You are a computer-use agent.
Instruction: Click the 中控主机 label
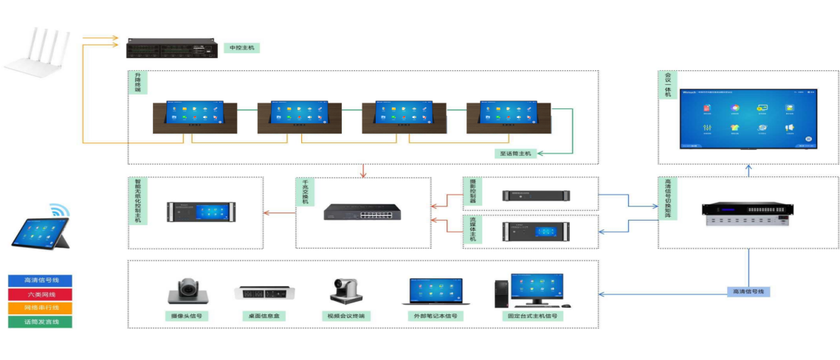(242, 48)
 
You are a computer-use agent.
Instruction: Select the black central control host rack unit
(171, 48)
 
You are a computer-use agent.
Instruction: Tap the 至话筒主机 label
(514, 153)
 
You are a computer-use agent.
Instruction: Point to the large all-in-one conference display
(748, 118)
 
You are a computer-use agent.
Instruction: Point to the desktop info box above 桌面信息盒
(264, 293)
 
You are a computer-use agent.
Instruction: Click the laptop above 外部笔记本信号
(436, 292)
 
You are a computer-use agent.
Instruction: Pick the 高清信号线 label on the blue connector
(748, 291)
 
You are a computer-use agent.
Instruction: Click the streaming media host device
(536, 231)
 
